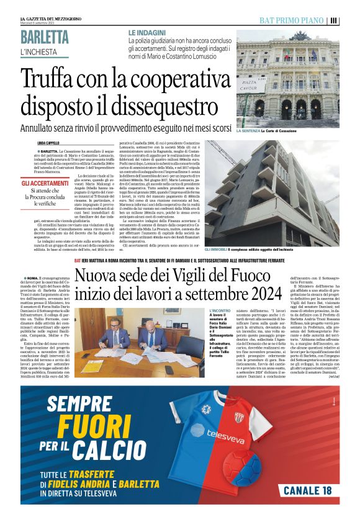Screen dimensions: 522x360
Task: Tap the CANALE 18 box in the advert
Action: click(x=307, y=489)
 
